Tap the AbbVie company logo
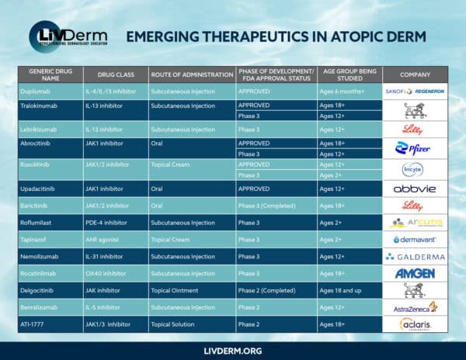pyautogui.click(x=414, y=188)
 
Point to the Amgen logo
pyautogui.click(x=415, y=273)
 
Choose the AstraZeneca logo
pyautogui.click(x=415, y=307)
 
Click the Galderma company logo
pyautogui.click(x=415, y=256)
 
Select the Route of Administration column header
pyautogui.click(x=191, y=74)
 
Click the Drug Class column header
pyautogui.click(x=115, y=74)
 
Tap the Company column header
pyautogui.click(x=415, y=74)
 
